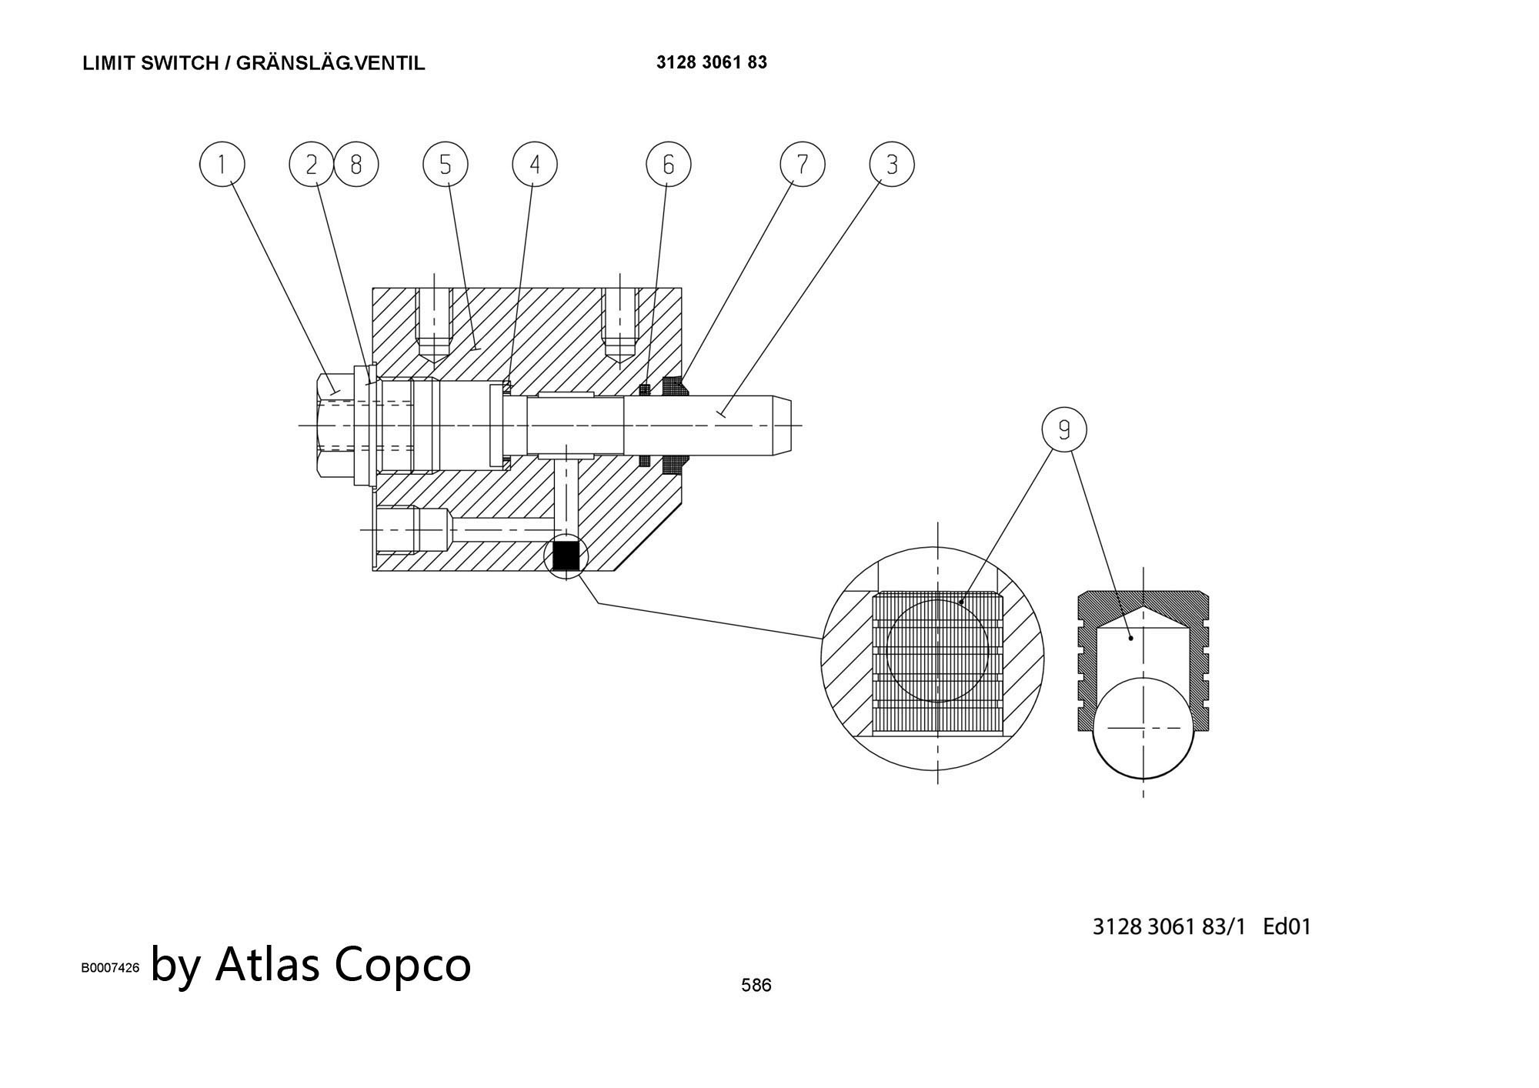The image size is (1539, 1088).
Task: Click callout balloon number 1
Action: pos(222,164)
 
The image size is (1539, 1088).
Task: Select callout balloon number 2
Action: pos(312,164)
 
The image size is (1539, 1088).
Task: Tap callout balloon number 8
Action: pos(356,164)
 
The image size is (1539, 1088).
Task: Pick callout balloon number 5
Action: pos(446,164)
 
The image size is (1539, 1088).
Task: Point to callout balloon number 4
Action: pos(535,164)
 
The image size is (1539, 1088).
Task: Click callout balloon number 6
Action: pos(668,164)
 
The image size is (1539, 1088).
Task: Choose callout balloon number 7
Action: pos(802,164)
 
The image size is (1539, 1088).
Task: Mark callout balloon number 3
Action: pos(892,164)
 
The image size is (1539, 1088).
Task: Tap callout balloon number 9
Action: pos(1064,429)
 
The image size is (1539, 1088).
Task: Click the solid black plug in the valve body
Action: pos(566,556)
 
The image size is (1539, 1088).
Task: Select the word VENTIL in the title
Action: pos(390,63)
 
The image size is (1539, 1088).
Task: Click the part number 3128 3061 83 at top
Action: pos(711,62)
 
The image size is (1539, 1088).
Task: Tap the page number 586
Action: pos(756,985)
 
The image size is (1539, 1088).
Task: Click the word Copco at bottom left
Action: pos(402,964)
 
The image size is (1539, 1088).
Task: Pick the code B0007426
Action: pos(110,968)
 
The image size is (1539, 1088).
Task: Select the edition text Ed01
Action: pos(1287,926)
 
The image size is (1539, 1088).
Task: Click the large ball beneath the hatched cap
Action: pos(1143,728)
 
